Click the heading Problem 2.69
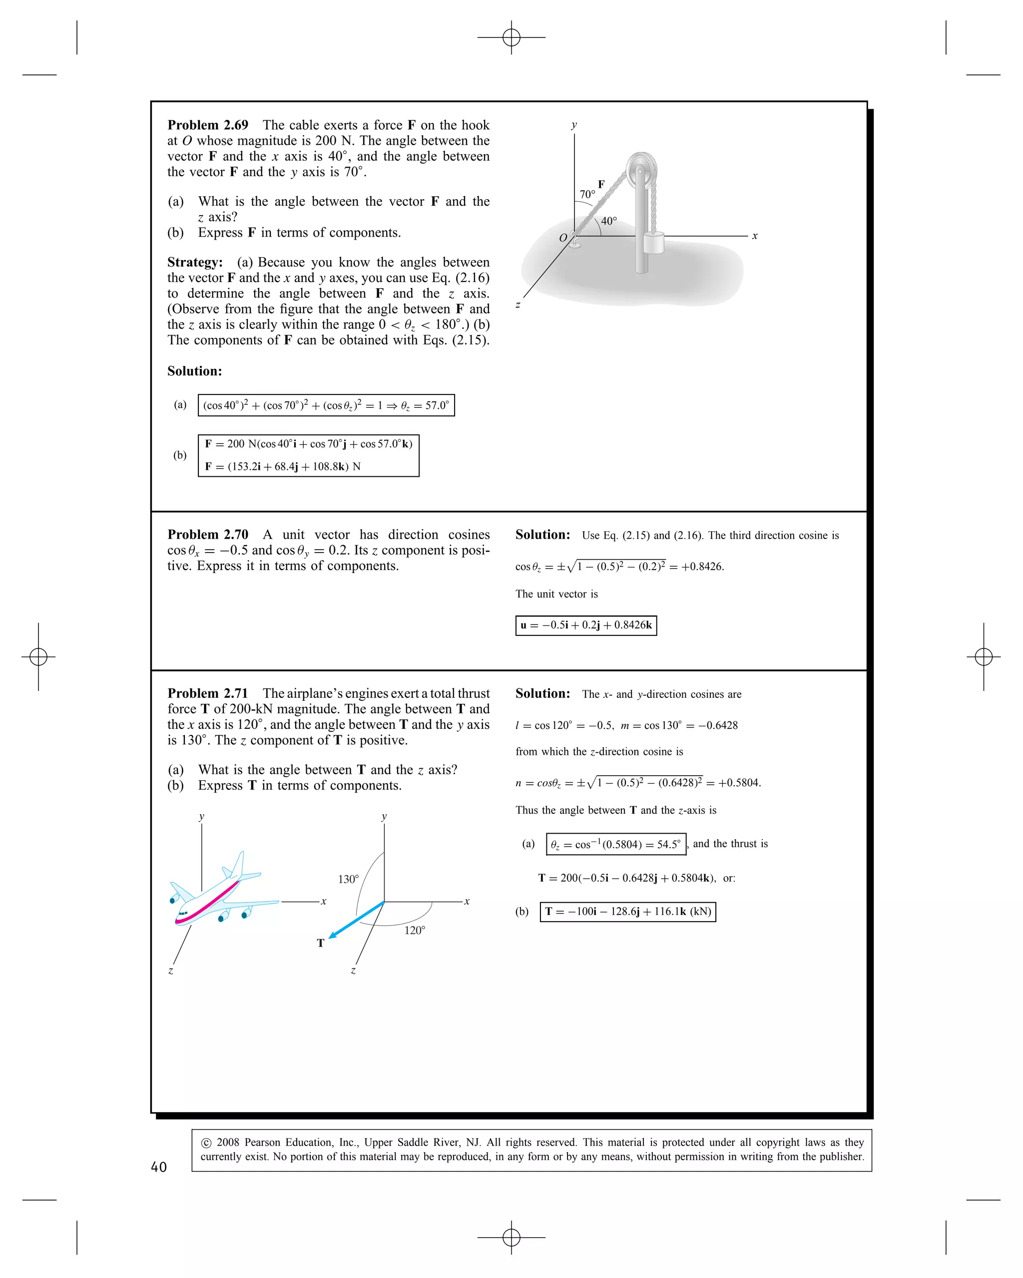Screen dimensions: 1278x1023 coord(208,125)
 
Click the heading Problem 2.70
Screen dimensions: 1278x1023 coord(208,535)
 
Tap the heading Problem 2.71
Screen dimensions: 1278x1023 coord(208,693)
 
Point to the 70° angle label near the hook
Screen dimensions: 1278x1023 coord(587,194)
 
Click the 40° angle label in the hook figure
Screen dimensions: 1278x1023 coord(609,221)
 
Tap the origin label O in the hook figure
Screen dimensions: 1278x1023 coord(563,238)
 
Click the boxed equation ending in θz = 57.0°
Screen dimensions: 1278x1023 coord(326,405)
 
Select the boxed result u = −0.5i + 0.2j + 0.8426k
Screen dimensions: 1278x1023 coord(586,626)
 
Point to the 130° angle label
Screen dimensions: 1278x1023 coord(348,879)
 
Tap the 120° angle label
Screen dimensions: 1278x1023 coord(415,931)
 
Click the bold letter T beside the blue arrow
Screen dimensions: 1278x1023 coord(321,943)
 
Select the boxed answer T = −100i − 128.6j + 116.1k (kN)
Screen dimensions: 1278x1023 coord(627,912)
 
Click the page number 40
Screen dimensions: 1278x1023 coord(159,1167)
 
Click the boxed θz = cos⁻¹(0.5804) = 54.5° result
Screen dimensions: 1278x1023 coord(615,844)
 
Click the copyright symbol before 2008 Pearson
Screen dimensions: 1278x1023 coord(206,1143)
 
